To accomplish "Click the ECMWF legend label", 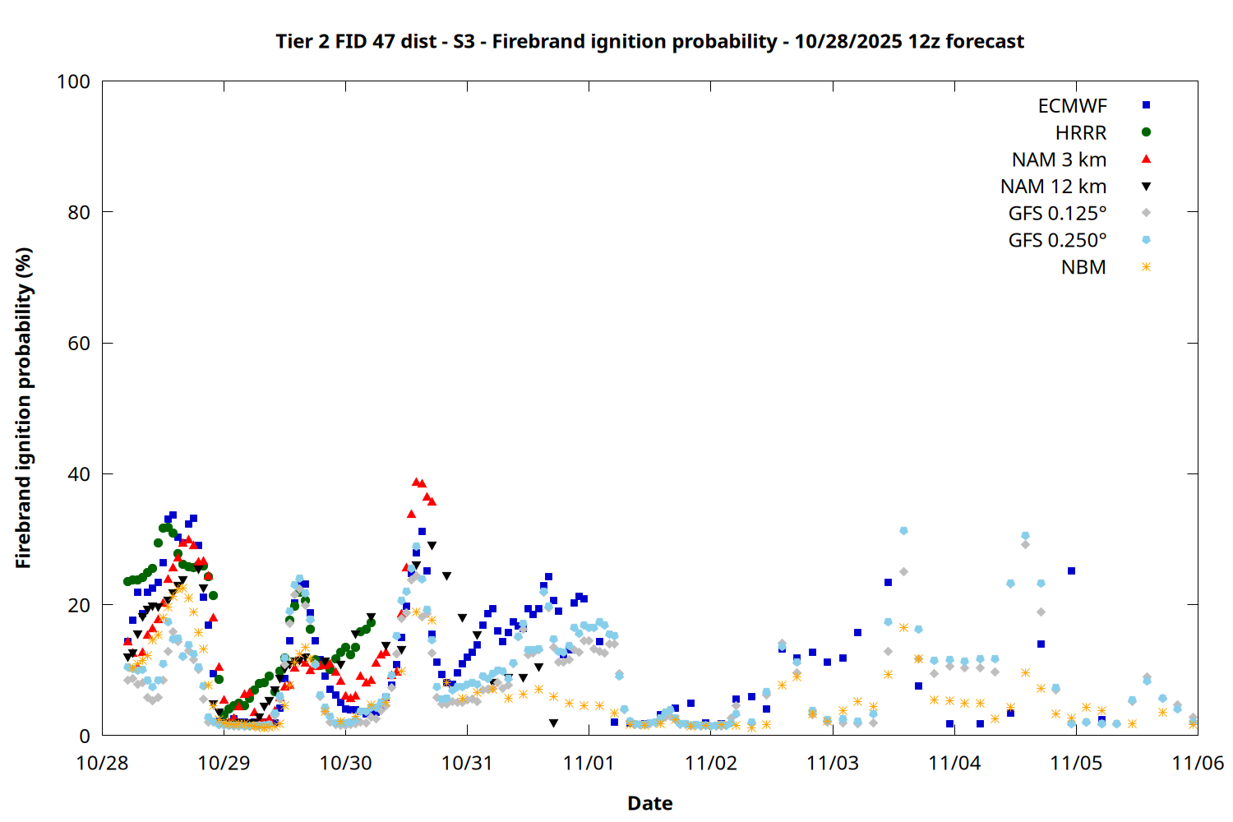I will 1072,106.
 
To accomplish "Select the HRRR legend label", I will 1081,133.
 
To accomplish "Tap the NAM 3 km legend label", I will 1059,159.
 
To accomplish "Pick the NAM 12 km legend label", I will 1053,187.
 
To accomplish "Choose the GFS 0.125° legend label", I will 1057,214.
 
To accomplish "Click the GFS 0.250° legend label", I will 1057,240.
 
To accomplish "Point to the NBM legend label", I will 1083,267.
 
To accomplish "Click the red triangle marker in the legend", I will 1147,159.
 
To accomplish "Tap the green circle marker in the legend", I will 1147,132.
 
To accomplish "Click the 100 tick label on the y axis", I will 73,81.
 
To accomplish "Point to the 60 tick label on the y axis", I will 79,344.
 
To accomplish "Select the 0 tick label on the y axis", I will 85,736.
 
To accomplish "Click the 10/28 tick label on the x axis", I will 102,763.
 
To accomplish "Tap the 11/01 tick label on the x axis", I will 589,763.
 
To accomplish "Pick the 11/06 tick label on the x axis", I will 1198,763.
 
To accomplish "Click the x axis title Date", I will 649,803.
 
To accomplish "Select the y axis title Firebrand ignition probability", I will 24,408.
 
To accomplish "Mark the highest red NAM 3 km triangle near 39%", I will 417,482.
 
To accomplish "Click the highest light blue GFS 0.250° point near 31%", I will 903,531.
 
